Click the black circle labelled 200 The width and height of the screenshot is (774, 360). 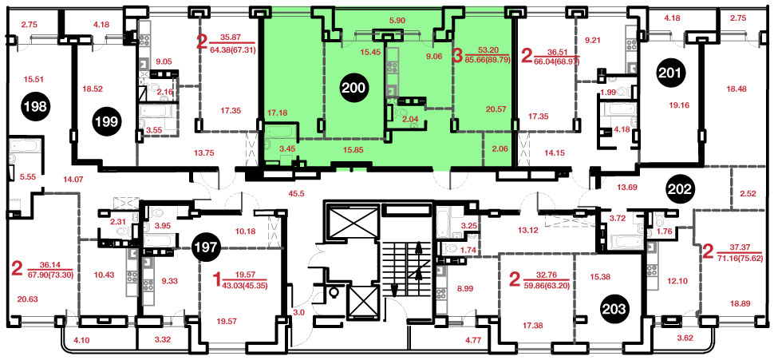[x=354, y=89]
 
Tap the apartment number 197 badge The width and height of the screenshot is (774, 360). [x=207, y=247]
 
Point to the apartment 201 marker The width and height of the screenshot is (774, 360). [x=671, y=74]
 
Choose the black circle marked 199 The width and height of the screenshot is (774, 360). [x=108, y=122]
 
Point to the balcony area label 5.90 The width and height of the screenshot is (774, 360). [x=397, y=21]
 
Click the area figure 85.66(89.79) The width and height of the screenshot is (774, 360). [x=487, y=60]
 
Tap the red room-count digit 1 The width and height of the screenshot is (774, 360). [x=215, y=282]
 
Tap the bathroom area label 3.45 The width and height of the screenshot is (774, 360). [x=287, y=148]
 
